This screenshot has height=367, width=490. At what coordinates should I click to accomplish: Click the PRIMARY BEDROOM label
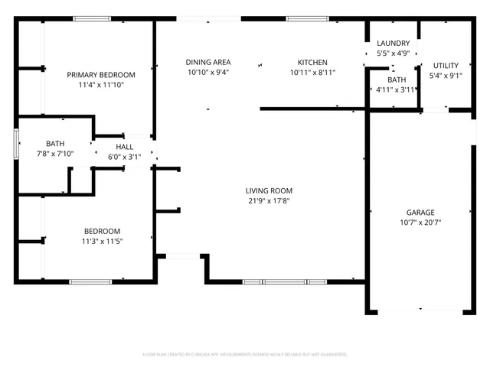pyautogui.click(x=100, y=74)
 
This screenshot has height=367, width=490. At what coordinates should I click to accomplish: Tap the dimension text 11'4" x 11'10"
pyautogui.click(x=100, y=85)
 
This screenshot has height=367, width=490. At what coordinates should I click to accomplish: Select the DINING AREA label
pyautogui.click(x=208, y=62)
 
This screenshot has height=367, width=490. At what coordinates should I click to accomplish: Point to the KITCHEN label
pyautogui.click(x=312, y=62)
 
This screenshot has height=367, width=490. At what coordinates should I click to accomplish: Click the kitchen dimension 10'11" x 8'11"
pyautogui.click(x=312, y=73)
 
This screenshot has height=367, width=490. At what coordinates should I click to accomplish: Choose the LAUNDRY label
pyautogui.click(x=394, y=44)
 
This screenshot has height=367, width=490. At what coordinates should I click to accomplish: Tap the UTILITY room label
pyautogui.click(x=445, y=65)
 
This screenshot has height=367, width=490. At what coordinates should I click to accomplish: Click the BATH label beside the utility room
pyautogui.click(x=396, y=80)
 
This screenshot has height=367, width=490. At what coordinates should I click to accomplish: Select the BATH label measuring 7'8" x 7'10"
pyautogui.click(x=55, y=143)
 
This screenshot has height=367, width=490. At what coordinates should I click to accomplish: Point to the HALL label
pyautogui.click(x=125, y=147)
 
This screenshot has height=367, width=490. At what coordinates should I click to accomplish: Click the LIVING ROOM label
pyautogui.click(x=269, y=190)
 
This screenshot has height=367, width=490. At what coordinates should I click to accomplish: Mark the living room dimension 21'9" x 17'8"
pyautogui.click(x=269, y=201)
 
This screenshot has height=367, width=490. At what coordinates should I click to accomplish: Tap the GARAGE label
pyautogui.click(x=420, y=212)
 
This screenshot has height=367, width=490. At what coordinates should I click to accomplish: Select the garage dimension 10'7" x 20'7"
pyautogui.click(x=420, y=222)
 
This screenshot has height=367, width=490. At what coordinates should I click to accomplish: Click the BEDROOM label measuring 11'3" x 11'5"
pyautogui.click(x=102, y=231)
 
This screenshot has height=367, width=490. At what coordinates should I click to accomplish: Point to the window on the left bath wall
pyautogui.click(x=17, y=144)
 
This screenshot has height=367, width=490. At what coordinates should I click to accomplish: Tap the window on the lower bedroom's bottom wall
pyautogui.click(x=92, y=282)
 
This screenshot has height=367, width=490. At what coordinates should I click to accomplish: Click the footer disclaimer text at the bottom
pyautogui.click(x=245, y=355)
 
